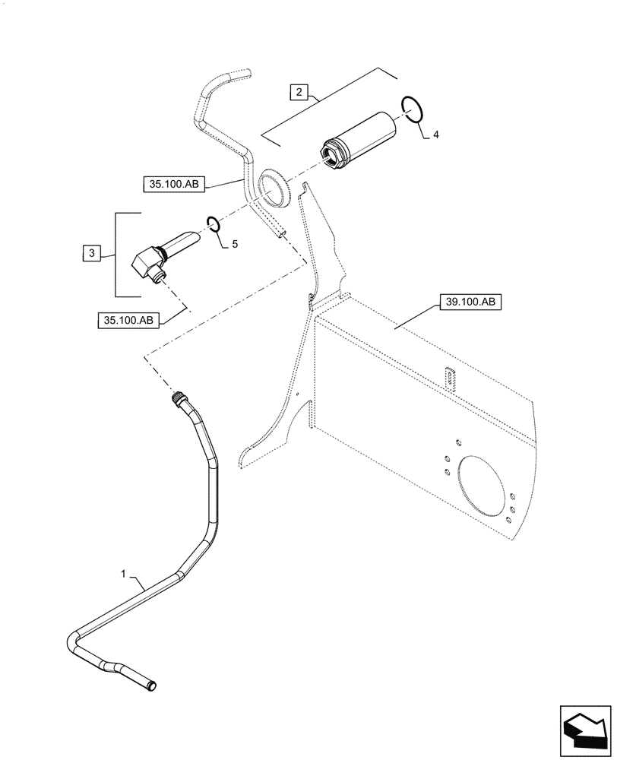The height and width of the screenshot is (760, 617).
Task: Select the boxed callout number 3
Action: (x=90, y=253)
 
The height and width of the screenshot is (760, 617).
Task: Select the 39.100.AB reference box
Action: (x=468, y=302)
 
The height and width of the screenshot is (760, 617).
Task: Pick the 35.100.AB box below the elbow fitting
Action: (x=127, y=320)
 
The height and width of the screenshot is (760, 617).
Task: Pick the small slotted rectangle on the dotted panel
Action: (x=451, y=378)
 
